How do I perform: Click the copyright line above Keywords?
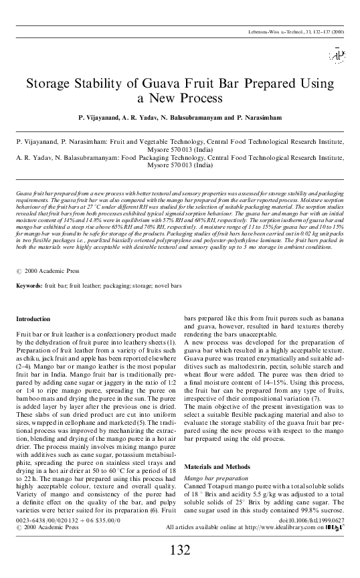[47, 272]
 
